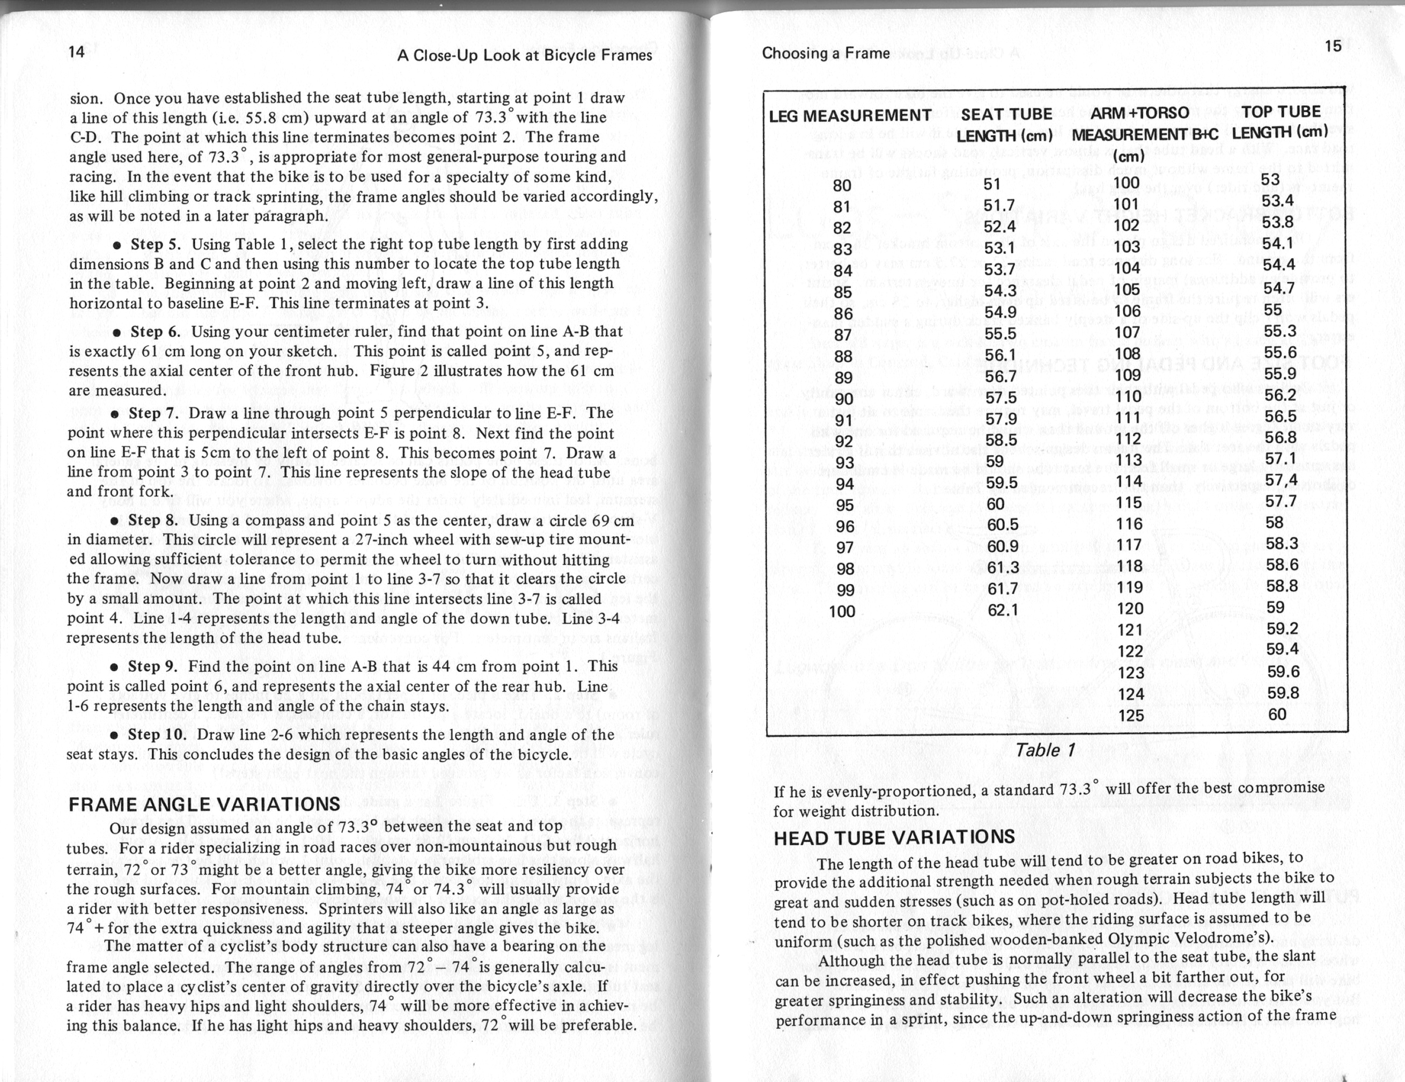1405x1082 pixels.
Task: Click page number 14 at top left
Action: coord(77,52)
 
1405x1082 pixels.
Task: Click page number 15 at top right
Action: coord(1334,46)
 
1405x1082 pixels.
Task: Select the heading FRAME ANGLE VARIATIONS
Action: coord(204,805)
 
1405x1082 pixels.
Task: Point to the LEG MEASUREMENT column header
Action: coord(850,115)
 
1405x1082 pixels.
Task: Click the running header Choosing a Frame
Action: coord(826,54)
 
